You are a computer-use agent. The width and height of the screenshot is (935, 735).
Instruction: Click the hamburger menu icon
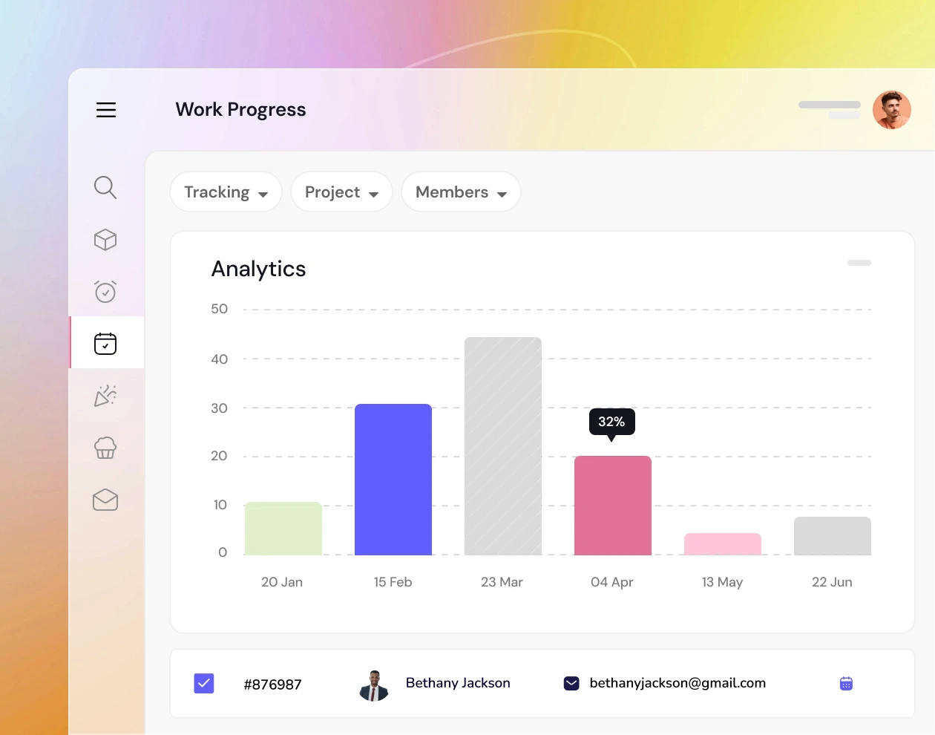pyautogui.click(x=106, y=110)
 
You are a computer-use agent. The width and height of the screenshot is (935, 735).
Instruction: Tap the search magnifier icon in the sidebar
pyautogui.click(x=105, y=187)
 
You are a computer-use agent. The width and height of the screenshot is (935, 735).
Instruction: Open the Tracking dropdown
pyautogui.click(x=226, y=192)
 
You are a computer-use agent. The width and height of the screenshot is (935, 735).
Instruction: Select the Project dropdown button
pyautogui.click(x=341, y=192)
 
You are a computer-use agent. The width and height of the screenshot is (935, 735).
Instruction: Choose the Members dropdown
pyautogui.click(x=461, y=192)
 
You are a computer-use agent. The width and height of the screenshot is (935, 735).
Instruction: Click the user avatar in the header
pyautogui.click(x=891, y=110)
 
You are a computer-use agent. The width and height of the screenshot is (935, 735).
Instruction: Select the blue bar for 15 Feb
pyautogui.click(x=393, y=480)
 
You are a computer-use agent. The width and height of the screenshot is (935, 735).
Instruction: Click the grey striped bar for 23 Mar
pyautogui.click(x=503, y=446)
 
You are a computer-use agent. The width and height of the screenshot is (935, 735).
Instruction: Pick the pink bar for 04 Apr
pyautogui.click(x=613, y=506)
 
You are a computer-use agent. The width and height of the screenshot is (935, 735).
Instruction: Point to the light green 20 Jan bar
pyautogui.click(x=283, y=529)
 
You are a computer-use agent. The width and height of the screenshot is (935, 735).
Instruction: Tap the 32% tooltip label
pyautogui.click(x=611, y=422)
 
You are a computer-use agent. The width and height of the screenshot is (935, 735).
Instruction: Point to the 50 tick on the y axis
pyautogui.click(x=219, y=309)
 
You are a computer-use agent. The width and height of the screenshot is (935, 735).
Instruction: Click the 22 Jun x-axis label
pyautogui.click(x=832, y=582)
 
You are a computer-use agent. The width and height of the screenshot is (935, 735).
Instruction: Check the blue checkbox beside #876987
pyautogui.click(x=204, y=683)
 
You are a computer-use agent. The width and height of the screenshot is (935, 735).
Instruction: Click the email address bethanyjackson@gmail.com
pyautogui.click(x=678, y=683)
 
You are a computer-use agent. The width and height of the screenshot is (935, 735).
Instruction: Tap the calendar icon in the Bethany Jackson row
pyautogui.click(x=846, y=683)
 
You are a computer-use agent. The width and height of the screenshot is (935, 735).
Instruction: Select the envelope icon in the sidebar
pyautogui.click(x=105, y=500)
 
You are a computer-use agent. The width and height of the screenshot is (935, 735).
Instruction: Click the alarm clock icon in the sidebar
pyautogui.click(x=105, y=291)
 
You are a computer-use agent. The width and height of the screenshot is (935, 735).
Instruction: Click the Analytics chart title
pyautogui.click(x=258, y=269)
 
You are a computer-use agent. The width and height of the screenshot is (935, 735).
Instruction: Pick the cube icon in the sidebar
pyautogui.click(x=105, y=239)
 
